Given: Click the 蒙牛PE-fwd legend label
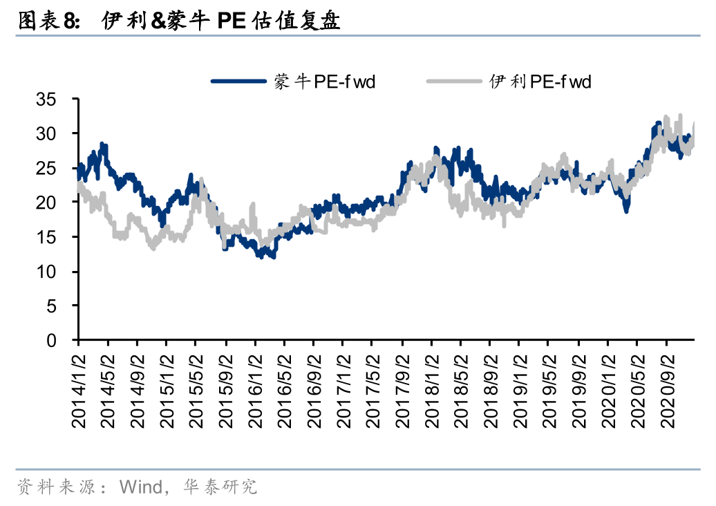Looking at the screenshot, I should click(325, 82).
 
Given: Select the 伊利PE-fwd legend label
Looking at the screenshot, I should click(540, 82).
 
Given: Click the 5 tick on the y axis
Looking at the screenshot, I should click(62, 306).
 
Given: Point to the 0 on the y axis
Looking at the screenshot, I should click(62, 340).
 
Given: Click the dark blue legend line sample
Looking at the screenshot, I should click(238, 82).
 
